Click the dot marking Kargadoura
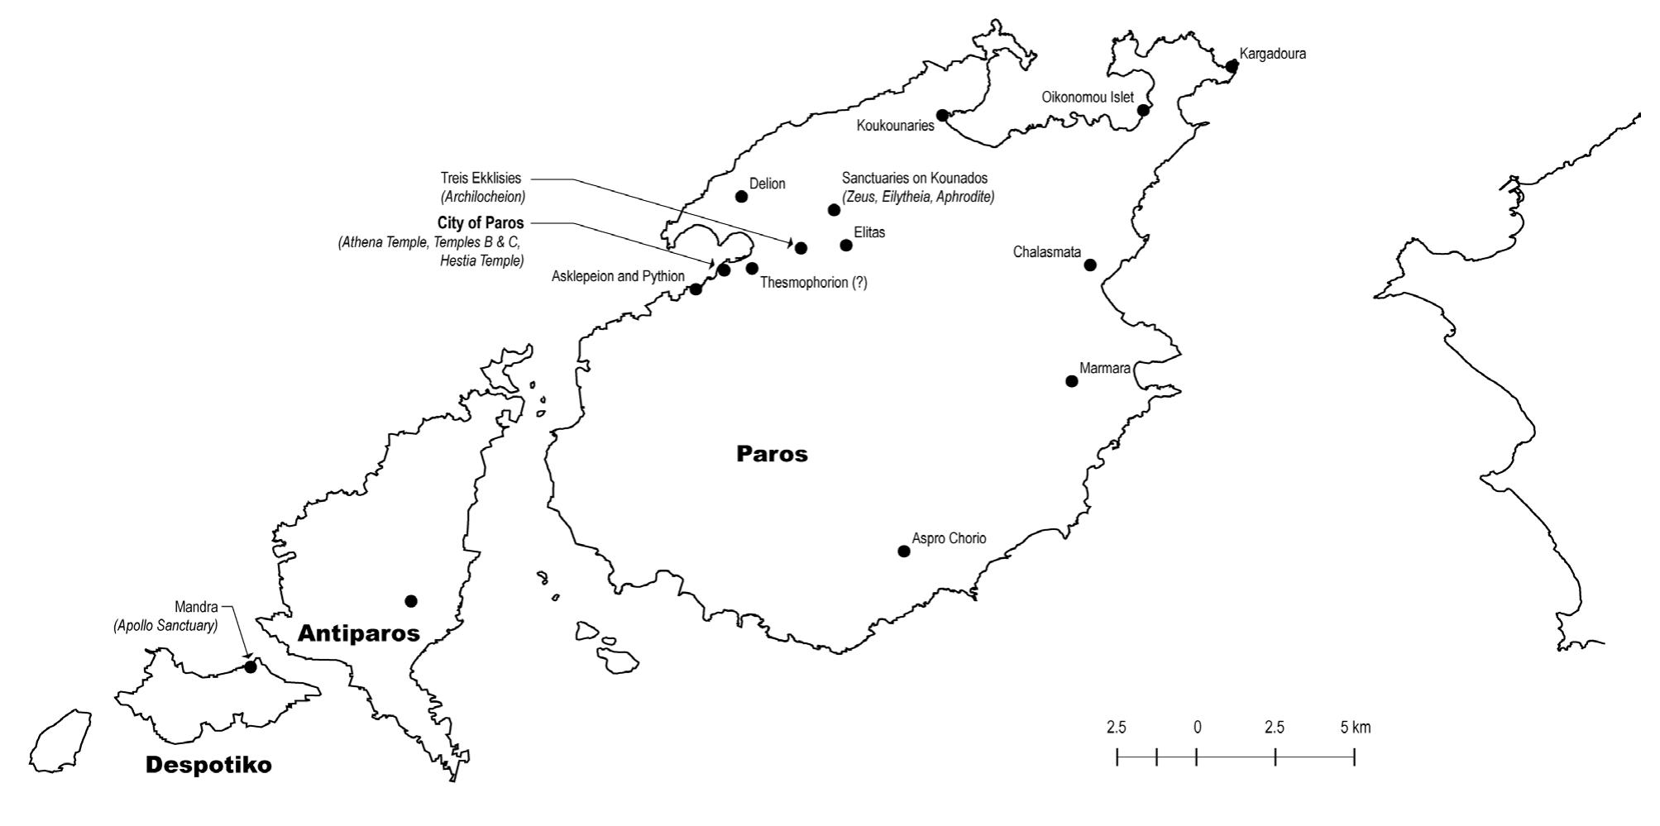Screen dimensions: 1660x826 point(1232,66)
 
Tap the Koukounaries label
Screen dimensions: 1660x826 point(895,127)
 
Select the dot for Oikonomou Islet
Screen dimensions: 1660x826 point(1143,111)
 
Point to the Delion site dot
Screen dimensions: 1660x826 point(741,197)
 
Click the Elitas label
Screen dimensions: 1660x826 point(869,233)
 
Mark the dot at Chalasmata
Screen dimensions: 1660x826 point(1090,265)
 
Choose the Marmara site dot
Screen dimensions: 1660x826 point(1072,381)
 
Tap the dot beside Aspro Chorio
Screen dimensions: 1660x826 point(904,551)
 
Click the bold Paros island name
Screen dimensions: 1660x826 point(772,454)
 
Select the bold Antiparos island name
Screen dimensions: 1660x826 point(358,633)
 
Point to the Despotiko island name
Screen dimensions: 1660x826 point(208,766)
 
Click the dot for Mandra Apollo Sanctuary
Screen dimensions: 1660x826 point(251,666)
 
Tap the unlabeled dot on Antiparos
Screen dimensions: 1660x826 point(411,601)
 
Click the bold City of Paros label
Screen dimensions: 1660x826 point(481,223)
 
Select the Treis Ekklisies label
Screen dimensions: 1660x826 point(481,179)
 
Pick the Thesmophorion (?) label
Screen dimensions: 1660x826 point(814,283)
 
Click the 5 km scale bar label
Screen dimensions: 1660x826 point(1355,728)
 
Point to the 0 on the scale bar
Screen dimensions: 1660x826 point(1197,728)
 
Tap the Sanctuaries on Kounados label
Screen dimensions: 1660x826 point(914,179)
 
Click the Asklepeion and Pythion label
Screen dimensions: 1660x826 point(618,277)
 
